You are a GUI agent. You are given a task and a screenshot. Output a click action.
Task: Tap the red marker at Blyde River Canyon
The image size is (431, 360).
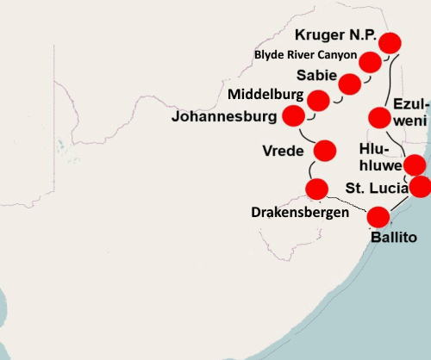[x=371, y=62]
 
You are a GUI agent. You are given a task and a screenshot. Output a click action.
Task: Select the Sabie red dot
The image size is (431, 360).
[x=350, y=84]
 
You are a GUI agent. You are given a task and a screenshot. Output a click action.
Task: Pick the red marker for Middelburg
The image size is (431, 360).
[x=318, y=100]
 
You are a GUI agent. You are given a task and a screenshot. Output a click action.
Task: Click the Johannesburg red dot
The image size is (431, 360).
[x=295, y=115]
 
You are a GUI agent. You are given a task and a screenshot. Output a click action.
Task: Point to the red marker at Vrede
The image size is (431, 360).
[x=325, y=151]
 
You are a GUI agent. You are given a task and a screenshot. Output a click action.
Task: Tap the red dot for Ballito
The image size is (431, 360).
[x=378, y=217]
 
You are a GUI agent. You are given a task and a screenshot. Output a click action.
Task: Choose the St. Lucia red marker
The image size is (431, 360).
[x=420, y=186]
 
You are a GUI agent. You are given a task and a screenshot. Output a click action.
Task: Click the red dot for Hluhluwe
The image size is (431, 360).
[x=415, y=164]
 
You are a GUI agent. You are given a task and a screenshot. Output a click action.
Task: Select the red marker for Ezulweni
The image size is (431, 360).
[x=380, y=117]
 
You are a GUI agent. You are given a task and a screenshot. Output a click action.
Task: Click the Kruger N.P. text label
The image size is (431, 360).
[x=335, y=35]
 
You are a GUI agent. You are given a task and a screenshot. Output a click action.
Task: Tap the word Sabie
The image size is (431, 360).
[x=315, y=75]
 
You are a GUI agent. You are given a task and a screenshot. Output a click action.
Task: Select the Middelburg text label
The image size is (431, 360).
[x=266, y=93]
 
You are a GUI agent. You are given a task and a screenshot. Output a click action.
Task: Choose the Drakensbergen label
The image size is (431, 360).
[x=300, y=212]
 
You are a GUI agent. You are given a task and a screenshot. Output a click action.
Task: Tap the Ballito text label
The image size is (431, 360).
[x=394, y=237]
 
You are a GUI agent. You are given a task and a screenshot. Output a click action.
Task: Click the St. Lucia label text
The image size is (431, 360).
[x=376, y=188]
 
